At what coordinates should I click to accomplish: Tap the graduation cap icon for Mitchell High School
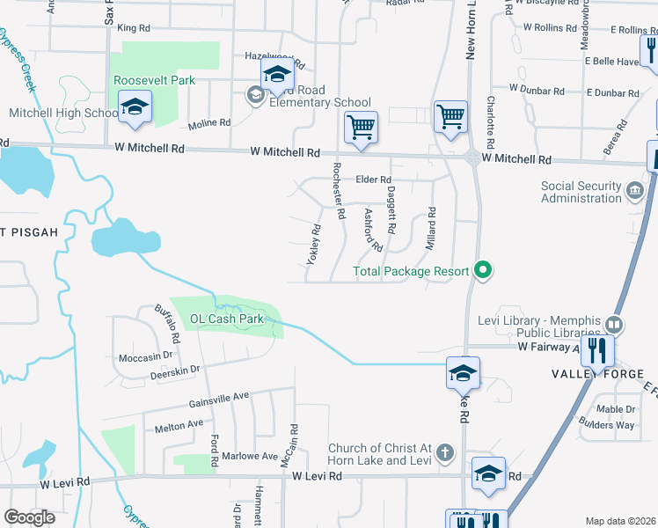(x=135, y=108)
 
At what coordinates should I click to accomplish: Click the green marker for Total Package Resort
(x=482, y=270)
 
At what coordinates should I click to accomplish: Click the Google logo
(x=29, y=517)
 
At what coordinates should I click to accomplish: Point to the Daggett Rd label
(x=391, y=209)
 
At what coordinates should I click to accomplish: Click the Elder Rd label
(x=372, y=180)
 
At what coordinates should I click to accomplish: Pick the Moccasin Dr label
(x=146, y=357)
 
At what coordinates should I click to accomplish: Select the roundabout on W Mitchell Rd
(x=473, y=158)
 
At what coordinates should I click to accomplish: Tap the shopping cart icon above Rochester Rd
(x=361, y=128)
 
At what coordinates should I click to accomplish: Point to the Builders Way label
(x=606, y=425)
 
